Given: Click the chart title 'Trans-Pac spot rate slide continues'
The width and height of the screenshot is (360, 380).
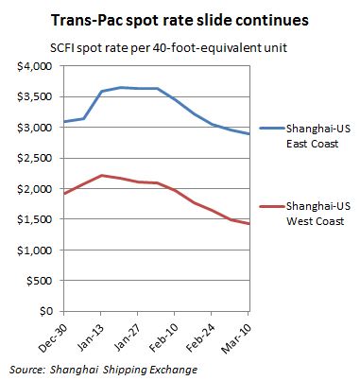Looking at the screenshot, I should (x=180, y=20).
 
